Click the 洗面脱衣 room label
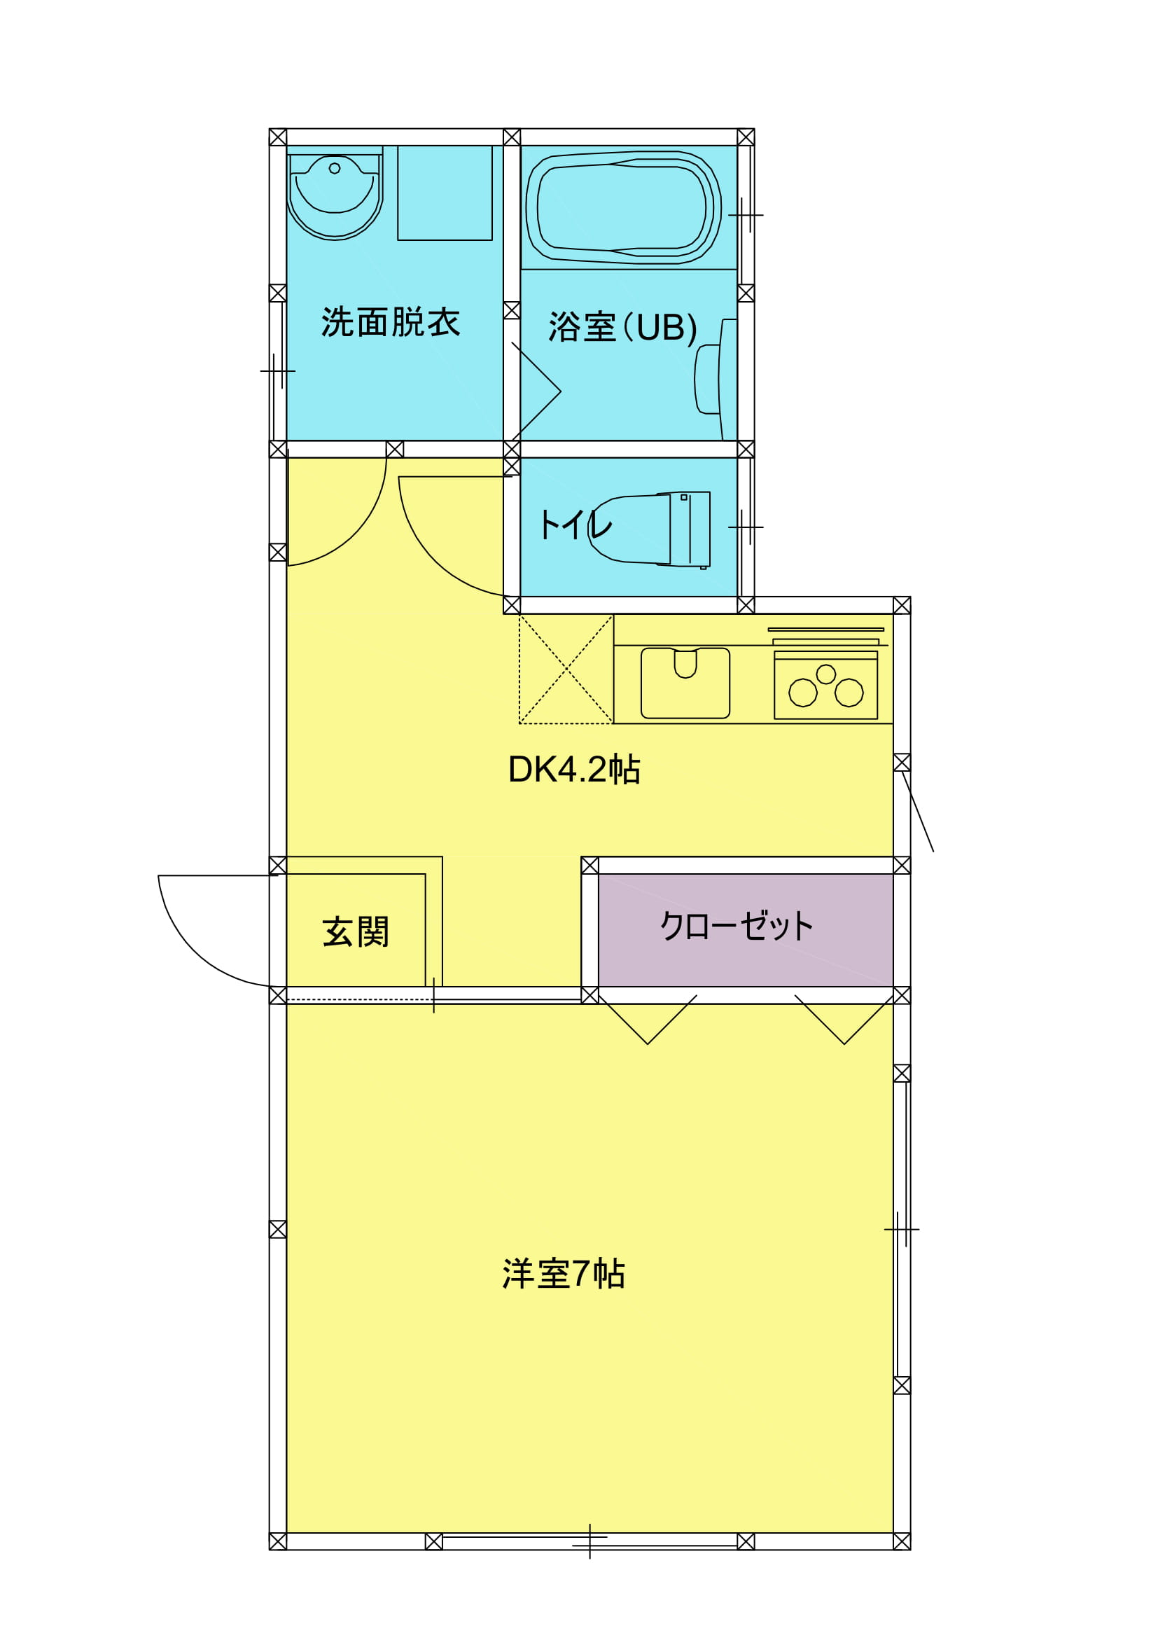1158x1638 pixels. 390,321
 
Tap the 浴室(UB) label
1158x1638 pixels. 622,328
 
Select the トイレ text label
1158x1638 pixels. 575,525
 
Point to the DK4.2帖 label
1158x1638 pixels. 574,769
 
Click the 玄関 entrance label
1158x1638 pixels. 356,931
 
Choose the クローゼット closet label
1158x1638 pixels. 737,926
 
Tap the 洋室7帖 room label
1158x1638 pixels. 564,1273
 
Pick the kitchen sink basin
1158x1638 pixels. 685,683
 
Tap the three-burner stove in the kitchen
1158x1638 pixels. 825,685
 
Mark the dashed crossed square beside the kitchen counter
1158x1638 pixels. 566,669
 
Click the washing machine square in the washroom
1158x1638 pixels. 445,193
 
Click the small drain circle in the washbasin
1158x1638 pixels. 335,168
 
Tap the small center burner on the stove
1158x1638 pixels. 825,674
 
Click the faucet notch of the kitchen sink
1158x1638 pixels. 685,663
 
